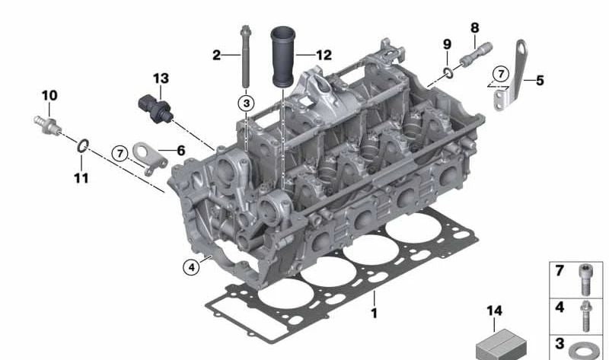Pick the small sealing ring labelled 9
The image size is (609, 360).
[449, 74]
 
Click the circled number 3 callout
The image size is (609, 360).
[246, 101]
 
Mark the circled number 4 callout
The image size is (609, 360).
[190, 266]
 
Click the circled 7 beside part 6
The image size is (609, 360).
[119, 153]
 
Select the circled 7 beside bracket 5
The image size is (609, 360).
[499, 74]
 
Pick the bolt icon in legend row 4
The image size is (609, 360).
[585, 314]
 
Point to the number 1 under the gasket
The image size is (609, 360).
[374, 312]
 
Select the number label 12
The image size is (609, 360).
[324, 55]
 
